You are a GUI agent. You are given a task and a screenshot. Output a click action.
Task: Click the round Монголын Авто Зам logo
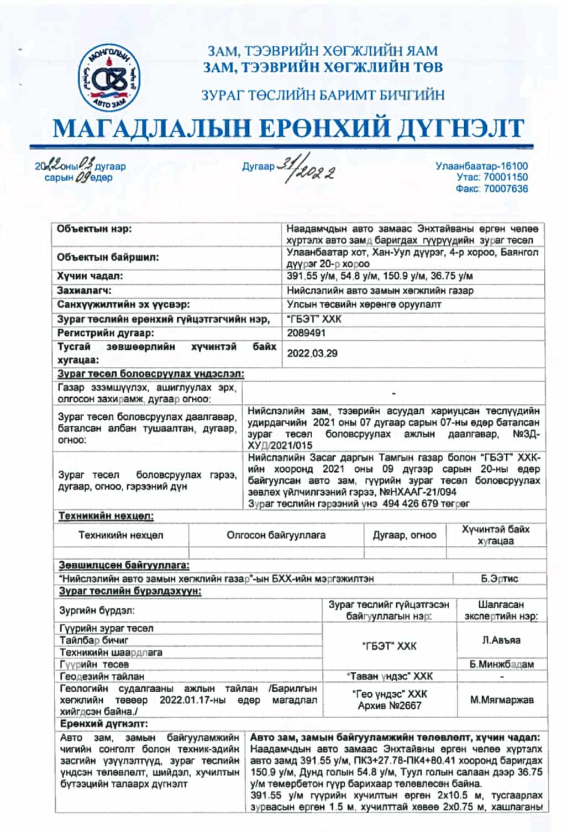109,78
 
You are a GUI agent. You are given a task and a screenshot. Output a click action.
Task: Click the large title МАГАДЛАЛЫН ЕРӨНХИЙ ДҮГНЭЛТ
288,129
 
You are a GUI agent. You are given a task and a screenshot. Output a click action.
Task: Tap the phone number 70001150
505,177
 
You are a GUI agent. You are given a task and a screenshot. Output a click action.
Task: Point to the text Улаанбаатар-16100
481,166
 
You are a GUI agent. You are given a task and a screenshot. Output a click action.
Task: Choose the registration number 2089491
306,333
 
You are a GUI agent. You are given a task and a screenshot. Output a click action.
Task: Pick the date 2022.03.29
312,354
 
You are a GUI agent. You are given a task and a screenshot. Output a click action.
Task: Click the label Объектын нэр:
95,229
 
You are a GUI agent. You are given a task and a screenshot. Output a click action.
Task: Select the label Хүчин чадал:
90,276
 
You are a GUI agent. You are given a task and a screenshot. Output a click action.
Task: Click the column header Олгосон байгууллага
276,535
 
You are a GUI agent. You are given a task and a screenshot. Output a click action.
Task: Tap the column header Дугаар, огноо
404,535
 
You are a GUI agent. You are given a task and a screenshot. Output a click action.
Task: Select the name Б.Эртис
499,578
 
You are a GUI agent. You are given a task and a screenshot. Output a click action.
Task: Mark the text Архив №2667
390,705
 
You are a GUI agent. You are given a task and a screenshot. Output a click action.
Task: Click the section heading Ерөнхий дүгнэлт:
104,724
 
